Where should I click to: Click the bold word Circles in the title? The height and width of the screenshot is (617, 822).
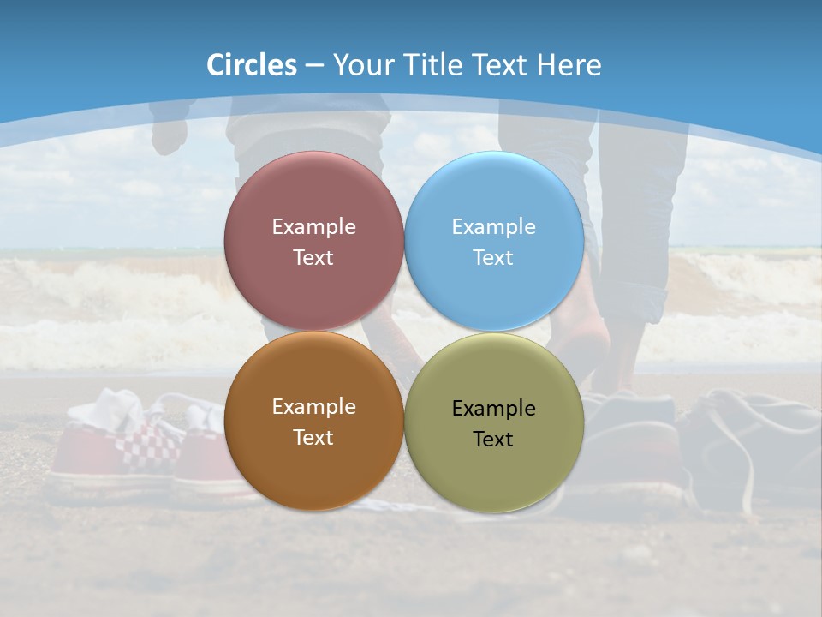click(x=252, y=65)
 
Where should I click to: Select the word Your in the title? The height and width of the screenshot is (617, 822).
click(x=358, y=65)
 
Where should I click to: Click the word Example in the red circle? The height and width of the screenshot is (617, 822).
click(x=313, y=227)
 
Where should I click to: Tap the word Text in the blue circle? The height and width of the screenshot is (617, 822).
click(x=493, y=258)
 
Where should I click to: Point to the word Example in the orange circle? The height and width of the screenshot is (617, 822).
click(x=313, y=407)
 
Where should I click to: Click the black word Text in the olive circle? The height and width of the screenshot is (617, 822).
click(x=493, y=440)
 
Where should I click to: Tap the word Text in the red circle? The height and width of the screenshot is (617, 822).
click(x=313, y=258)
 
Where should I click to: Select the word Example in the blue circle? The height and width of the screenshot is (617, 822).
click(x=493, y=227)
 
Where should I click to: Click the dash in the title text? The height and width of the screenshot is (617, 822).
click(x=314, y=65)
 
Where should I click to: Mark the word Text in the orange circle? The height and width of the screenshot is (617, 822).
click(x=313, y=438)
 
